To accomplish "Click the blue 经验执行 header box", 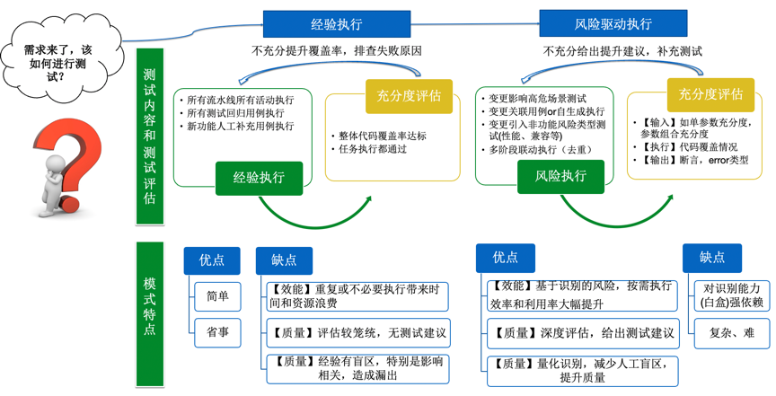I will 336,24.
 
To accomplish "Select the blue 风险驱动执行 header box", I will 613,24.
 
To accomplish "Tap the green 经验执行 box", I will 259,177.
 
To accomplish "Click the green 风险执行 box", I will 560,177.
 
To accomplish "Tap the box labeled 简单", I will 217,296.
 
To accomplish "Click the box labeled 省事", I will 217,332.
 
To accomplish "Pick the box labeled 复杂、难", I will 730,332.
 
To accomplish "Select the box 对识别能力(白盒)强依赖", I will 730,295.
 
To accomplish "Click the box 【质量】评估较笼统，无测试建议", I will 357,332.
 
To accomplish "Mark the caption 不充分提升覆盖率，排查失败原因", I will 337,51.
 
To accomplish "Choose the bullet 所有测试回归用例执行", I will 235,113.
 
